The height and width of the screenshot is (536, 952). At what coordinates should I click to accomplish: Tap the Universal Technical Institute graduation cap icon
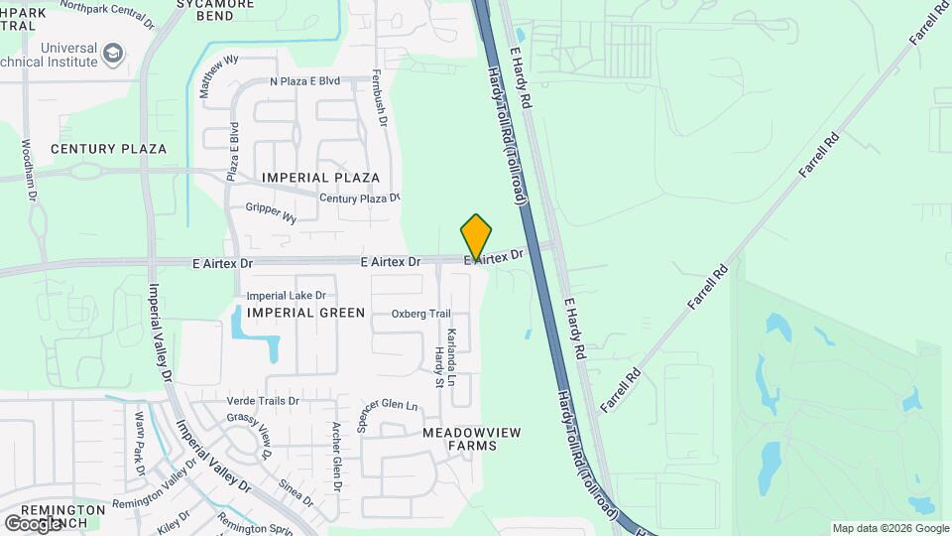[114, 52]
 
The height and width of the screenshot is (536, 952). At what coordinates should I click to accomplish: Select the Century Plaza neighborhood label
[108, 149]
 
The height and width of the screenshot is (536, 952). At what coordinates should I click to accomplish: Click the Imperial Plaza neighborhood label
[320, 178]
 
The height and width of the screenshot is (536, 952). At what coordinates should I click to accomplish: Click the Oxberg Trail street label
[420, 314]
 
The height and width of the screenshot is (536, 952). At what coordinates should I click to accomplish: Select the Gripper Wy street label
[271, 212]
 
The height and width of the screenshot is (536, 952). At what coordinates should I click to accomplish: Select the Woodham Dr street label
[29, 169]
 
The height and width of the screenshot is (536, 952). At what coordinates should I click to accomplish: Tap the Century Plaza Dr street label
[359, 199]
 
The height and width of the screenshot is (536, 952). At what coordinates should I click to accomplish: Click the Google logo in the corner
[33, 523]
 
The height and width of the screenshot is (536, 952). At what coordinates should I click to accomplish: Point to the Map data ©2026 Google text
[890, 528]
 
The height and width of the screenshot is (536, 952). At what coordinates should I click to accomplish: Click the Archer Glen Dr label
[336, 458]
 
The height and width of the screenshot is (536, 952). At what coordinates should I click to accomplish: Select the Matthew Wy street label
[218, 75]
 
